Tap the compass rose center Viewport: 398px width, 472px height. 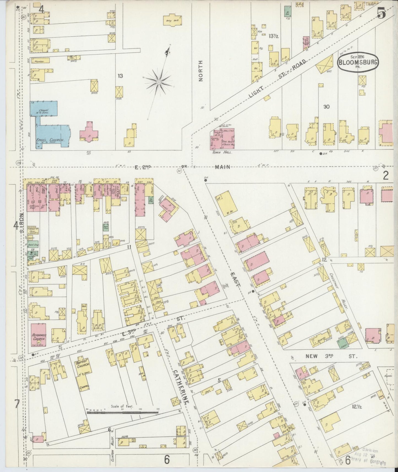(159, 82)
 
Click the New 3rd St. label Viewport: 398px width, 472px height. (331, 356)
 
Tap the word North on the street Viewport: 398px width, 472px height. (201, 71)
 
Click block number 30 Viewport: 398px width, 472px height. (326, 107)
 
